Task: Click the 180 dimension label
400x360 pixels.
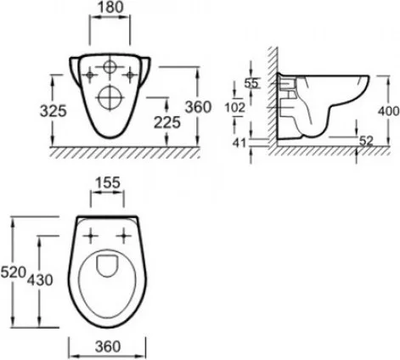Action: pyautogui.click(x=110, y=8)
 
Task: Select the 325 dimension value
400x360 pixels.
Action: pyautogui.click(x=54, y=110)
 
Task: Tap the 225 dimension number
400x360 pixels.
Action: pyautogui.click(x=167, y=122)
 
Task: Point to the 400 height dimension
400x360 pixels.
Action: pyautogui.click(x=389, y=111)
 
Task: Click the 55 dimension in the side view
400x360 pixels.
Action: pyautogui.click(x=251, y=83)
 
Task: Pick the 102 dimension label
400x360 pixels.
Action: pyautogui.click(x=234, y=108)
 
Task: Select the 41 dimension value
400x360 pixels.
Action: pyautogui.click(x=239, y=143)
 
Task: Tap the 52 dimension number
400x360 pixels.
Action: pyautogui.click(x=366, y=141)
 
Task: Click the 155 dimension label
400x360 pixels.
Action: pyautogui.click(x=107, y=183)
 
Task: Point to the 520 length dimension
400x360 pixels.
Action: pyautogui.click(x=14, y=273)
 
